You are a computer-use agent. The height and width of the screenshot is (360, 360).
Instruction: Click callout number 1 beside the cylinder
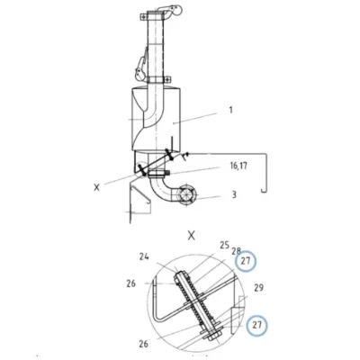pos(230,110)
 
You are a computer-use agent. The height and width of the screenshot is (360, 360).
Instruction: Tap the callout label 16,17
pos(238,166)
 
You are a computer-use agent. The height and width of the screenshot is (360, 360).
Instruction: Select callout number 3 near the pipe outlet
pos(234,194)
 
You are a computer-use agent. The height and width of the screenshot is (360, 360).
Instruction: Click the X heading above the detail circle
pos(191,236)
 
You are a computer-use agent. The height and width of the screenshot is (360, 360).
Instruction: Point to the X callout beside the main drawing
pos(96,187)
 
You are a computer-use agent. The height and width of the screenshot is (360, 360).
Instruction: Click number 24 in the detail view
pos(144,257)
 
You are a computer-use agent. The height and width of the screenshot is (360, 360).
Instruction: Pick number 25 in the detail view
pos(224,246)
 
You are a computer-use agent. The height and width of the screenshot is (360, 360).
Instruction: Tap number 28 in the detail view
pos(236,250)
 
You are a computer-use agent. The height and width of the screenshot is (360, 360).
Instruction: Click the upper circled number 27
pos(246,261)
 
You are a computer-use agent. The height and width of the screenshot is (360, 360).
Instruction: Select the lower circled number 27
pos(256,325)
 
